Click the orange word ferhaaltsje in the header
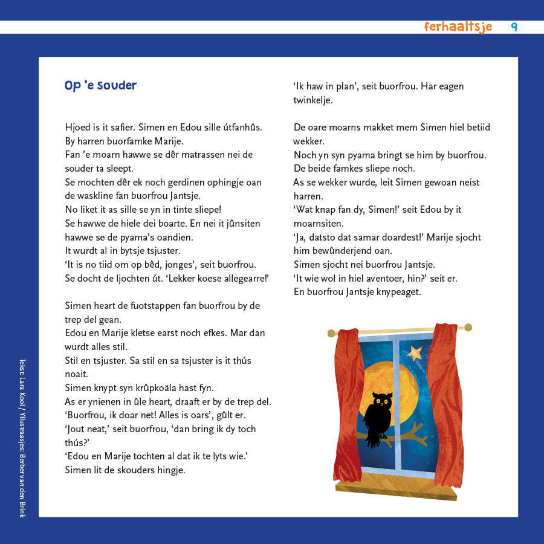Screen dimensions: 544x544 pos(458,27)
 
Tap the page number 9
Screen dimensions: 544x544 pos(514,27)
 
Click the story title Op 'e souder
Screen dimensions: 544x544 pos(100,86)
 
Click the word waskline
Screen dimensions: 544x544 pos(95,196)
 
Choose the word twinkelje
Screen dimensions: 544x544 pos(312,100)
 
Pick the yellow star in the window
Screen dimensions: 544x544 pos(415,352)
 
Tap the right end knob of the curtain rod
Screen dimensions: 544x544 pos(468,328)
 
